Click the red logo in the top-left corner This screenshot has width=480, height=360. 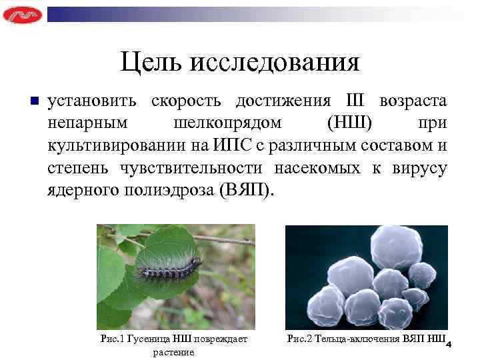coord(22,14)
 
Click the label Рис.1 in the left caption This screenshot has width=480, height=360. coord(111,339)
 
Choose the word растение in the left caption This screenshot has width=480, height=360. coord(173,351)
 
